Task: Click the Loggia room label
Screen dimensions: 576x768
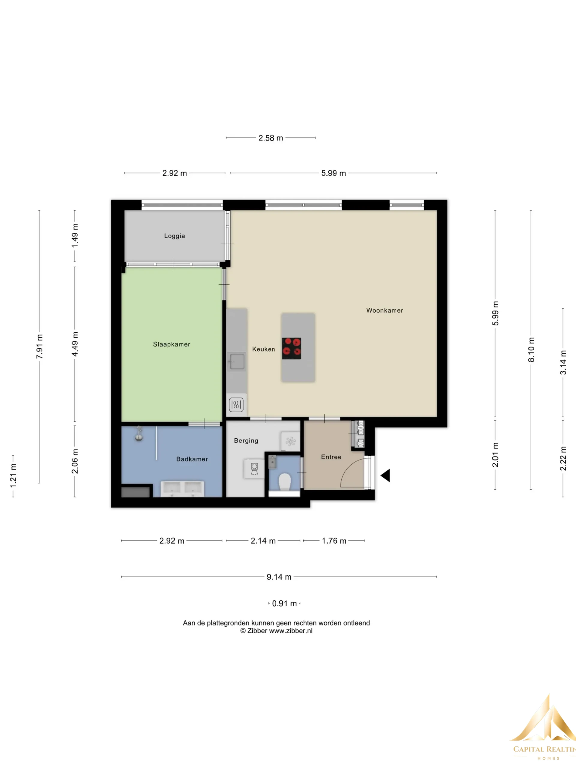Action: coord(174,236)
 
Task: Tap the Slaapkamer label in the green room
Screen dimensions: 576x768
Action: coord(172,344)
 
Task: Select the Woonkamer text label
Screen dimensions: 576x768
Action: coord(385,310)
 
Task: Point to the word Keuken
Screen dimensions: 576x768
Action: coord(263,349)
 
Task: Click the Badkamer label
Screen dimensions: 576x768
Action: coord(192,459)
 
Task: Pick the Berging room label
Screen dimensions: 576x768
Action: coord(246,441)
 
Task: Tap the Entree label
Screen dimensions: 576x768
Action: coord(331,457)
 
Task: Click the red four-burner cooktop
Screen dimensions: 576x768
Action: coord(292,348)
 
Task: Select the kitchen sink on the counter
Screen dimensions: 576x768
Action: coord(237,361)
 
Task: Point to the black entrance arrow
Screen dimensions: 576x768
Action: coord(385,475)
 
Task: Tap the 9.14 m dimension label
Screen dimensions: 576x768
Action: coord(279,577)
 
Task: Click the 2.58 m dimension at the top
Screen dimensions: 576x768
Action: coord(271,138)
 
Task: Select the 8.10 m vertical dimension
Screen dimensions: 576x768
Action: coord(531,349)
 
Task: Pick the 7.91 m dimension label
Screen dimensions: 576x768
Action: coord(40,346)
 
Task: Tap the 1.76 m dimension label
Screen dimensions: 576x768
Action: coord(334,541)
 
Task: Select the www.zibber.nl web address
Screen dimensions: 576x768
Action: coord(291,631)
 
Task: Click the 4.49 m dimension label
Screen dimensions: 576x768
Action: coord(75,344)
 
